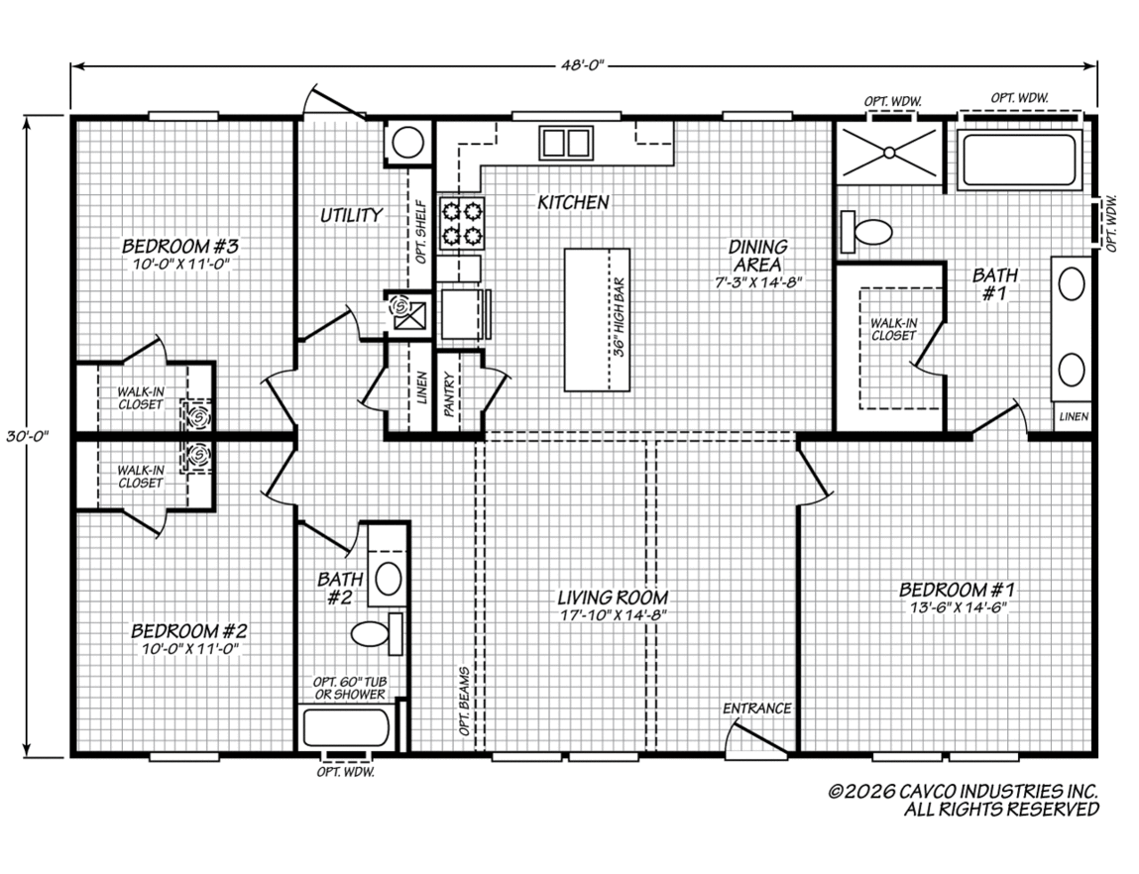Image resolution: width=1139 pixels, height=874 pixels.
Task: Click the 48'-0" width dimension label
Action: [583, 66]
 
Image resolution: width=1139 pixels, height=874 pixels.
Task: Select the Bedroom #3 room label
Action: [180, 246]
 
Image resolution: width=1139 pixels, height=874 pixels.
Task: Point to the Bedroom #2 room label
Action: [190, 630]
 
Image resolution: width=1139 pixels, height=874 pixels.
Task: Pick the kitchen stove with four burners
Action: [461, 223]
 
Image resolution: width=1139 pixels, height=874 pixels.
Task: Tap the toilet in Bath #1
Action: [865, 232]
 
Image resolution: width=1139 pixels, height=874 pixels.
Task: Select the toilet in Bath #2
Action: [378, 634]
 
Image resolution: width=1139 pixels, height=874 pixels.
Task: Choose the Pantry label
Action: [448, 394]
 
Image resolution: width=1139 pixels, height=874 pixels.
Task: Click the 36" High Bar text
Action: [619, 316]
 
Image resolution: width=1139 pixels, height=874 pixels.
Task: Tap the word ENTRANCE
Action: [757, 709]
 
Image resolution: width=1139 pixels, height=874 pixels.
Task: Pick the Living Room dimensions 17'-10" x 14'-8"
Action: [613, 615]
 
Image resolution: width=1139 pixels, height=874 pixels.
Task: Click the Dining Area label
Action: [758, 257]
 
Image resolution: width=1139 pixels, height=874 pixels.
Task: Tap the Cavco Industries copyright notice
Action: [964, 800]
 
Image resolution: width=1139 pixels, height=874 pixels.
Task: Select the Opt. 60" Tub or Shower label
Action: [349, 688]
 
